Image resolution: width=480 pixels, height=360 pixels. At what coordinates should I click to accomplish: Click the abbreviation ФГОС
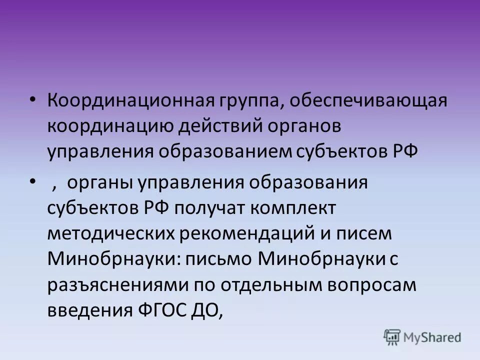[x=160, y=310]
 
